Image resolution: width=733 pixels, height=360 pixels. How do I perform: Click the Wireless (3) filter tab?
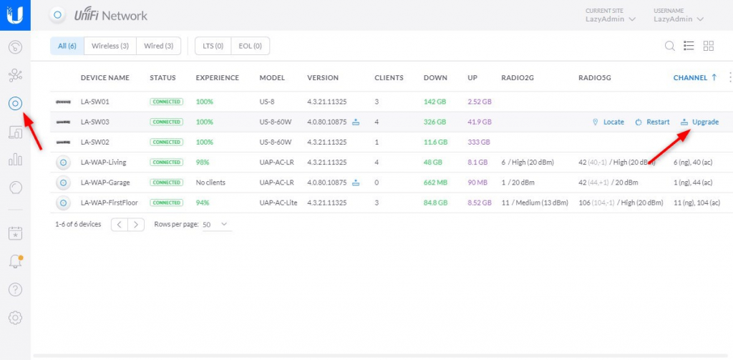pos(110,46)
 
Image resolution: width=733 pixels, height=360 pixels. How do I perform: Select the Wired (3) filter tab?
pos(158,46)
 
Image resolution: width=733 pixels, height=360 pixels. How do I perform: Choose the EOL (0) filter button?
pos(250,46)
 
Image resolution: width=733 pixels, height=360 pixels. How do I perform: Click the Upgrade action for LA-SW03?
pos(699,122)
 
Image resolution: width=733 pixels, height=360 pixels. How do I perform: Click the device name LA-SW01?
pos(95,102)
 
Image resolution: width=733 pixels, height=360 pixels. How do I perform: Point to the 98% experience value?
pos(204,162)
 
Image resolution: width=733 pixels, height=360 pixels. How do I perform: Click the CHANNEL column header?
pos(690,77)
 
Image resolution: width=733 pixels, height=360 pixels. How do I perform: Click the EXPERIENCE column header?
pos(217,77)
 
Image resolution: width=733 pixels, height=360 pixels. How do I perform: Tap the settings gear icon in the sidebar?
pos(15,317)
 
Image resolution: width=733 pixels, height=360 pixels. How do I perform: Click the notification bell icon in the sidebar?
pos(15,261)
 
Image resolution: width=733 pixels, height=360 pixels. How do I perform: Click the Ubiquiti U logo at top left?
pos(15,14)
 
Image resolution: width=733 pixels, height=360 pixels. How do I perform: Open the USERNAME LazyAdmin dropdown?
pos(679,19)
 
